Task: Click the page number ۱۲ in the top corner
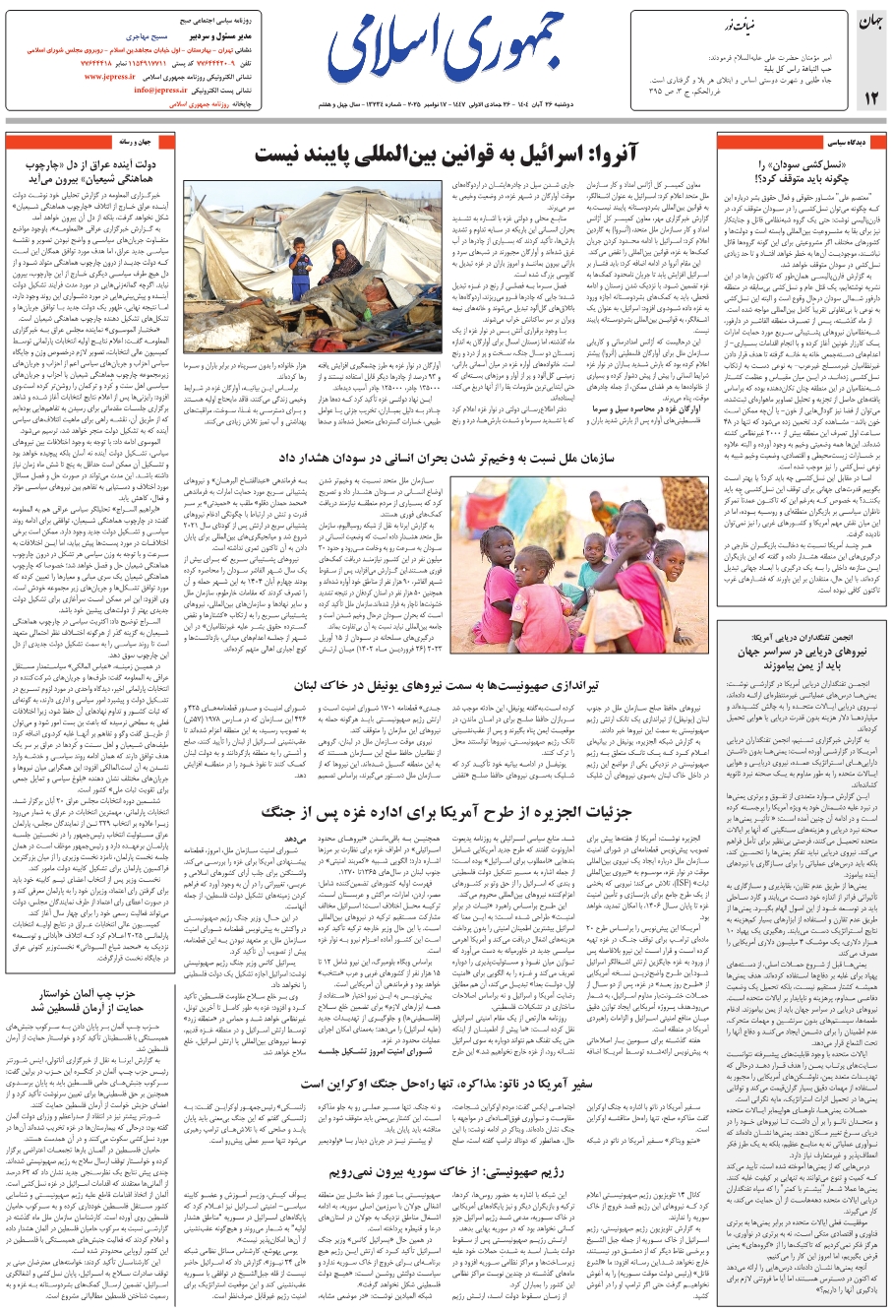tap(869, 97)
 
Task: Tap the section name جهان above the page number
tap(869, 22)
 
